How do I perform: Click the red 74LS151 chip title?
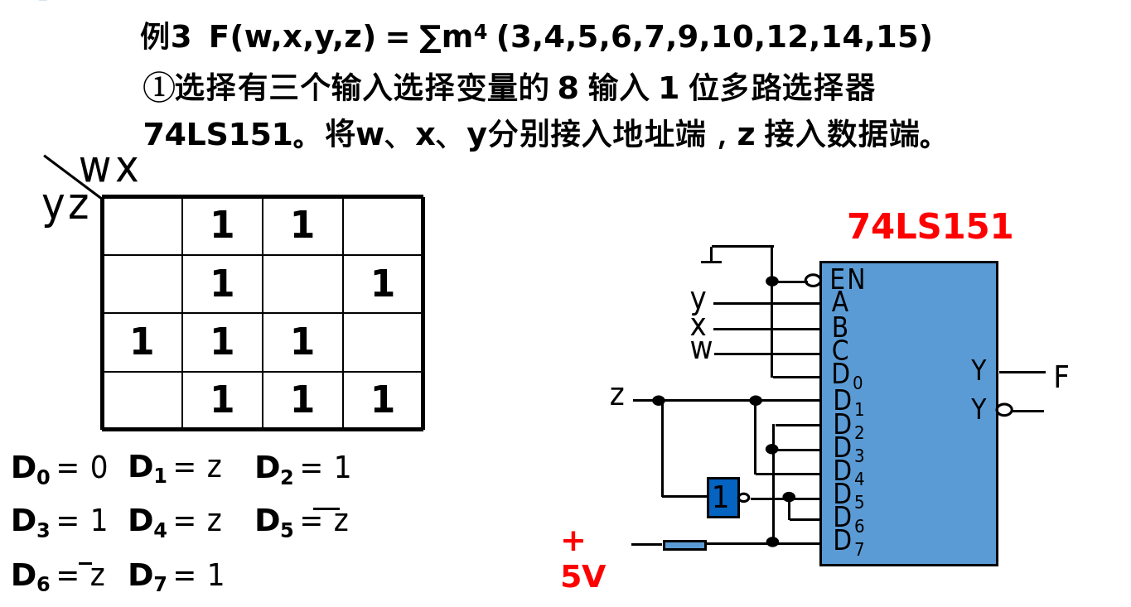click(929, 227)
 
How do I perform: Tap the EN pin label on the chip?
click(847, 280)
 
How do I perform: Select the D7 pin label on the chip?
click(848, 542)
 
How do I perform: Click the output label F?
click(1061, 378)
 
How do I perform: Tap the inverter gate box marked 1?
click(723, 497)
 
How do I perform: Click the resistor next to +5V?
click(684, 545)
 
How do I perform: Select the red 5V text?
click(582, 577)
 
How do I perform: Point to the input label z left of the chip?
click(616, 397)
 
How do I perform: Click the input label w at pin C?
click(700, 350)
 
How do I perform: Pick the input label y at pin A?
click(698, 299)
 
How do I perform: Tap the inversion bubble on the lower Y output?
click(1004, 410)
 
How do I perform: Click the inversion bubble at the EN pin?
click(813, 281)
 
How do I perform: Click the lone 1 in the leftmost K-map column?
click(142, 342)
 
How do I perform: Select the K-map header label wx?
click(109, 170)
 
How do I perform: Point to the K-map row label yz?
click(65, 205)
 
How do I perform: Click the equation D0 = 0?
click(59, 468)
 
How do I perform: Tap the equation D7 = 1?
click(176, 576)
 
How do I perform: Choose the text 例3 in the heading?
click(166, 37)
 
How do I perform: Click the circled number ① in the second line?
click(158, 87)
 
